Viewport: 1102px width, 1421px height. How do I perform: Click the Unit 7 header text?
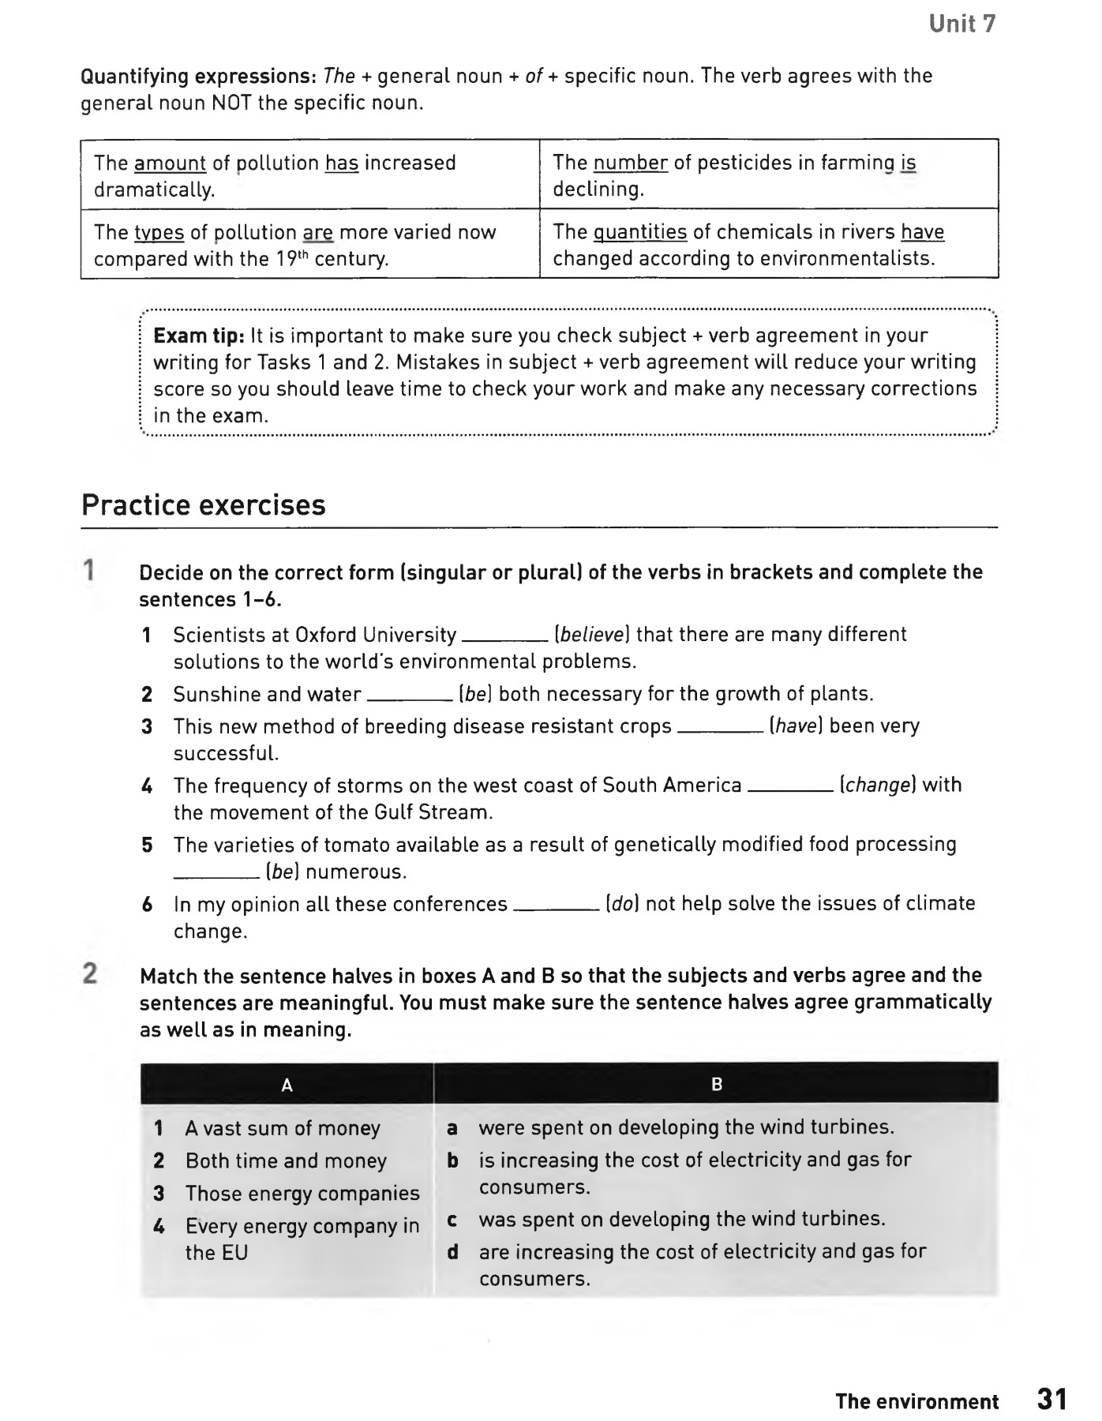click(961, 24)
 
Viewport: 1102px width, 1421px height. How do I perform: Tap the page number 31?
click(1051, 1399)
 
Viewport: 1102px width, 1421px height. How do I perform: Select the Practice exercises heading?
click(204, 505)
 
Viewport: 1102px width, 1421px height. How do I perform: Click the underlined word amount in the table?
click(170, 163)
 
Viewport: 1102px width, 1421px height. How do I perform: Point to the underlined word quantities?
click(639, 232)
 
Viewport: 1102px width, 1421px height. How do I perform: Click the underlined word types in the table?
click(159, 233)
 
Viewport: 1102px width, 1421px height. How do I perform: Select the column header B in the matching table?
click(717, 1085)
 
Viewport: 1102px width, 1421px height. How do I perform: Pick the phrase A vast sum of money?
click(283, 1129)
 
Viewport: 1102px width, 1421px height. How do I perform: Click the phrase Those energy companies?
click(302, 1194)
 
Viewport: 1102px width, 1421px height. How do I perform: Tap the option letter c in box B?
click(452, 1220)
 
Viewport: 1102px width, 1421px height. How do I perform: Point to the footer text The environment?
click(916, 1402)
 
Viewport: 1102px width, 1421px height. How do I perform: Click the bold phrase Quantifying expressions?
click(200, 77)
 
